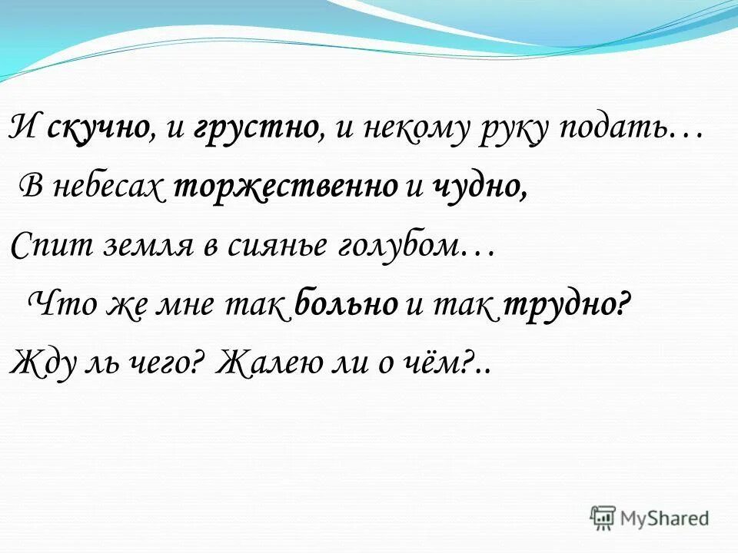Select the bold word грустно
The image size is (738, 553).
[258, 128]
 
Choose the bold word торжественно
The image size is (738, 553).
[285, 188]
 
